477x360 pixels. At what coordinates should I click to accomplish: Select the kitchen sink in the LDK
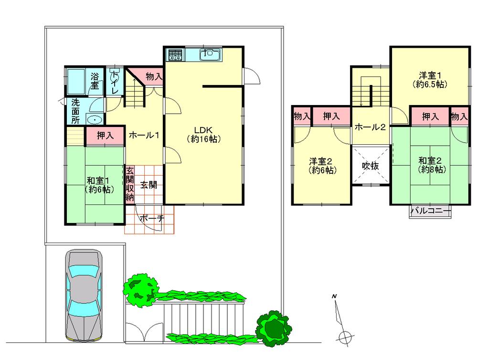tap(210, 55)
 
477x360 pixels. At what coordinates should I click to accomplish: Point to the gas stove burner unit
tap(175, 55)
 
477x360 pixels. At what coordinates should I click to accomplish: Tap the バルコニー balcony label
tap(431, 211)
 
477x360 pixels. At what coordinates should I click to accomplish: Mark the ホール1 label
tap(143, 135)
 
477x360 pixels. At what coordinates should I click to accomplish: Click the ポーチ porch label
tap(152, 218)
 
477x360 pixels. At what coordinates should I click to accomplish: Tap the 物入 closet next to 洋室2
tap(302, 116)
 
